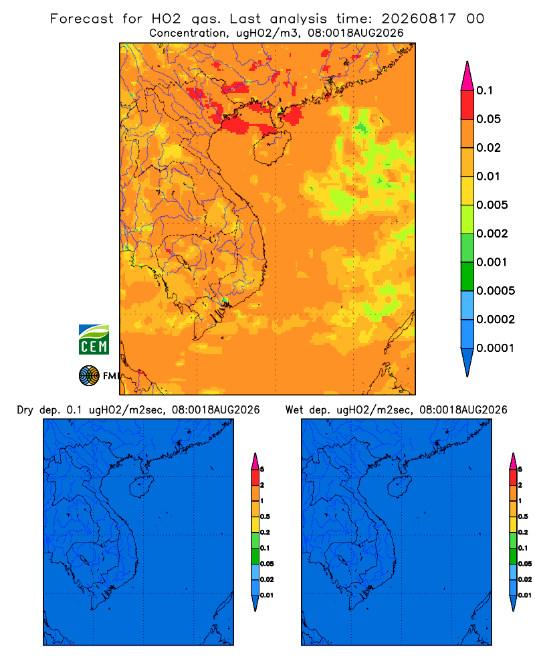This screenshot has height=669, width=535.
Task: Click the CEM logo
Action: tap(94, 339)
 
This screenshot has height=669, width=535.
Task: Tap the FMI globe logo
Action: tap(89, 376)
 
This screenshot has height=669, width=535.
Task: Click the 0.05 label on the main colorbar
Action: tap(488, 119)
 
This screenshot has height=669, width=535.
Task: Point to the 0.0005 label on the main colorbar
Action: tap(496, 291)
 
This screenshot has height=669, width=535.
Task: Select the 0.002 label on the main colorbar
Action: tap(492, 233)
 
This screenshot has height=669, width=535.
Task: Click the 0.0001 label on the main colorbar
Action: tap(496, 348)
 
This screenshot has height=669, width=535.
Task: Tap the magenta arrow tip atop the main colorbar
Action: tap(467, 76)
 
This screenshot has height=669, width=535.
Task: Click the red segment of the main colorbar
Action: tap(467, 105)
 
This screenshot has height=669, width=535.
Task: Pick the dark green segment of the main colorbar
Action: tap(467, 276)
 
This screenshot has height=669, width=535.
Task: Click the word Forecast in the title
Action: tap(82, 19)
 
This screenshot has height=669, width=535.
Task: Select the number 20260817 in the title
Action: tap(419, 19)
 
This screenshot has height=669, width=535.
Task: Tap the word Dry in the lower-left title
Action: tap(25, 410)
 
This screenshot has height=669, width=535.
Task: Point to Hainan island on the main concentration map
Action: tap(272, 147)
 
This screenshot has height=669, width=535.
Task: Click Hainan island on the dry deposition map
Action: tap(141, 486)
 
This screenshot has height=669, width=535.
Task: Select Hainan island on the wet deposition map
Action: tap(400, 486)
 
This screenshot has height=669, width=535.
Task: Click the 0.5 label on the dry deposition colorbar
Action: tap(265, 516)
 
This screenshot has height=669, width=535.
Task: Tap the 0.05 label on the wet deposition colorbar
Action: tap(525, 564)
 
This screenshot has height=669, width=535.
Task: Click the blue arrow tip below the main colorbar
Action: tap(467, 376)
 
